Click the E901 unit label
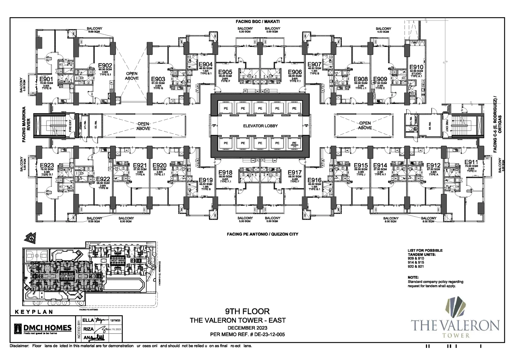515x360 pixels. click(46, 79)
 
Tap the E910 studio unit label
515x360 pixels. click(416, 68)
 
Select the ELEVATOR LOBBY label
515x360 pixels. click(260, 126)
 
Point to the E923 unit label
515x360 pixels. click(47, 166)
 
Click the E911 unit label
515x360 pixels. click(471, 162)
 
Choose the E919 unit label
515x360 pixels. click(206, 181)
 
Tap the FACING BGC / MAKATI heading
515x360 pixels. click(257, 21)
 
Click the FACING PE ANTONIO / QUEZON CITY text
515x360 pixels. click(262, 234)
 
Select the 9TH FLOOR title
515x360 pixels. click(247, 311)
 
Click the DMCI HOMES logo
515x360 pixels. click(43, 328)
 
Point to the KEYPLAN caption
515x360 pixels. click(34, 312)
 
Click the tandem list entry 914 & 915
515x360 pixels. click(416, 262)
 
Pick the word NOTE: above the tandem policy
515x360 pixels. click(413, 277)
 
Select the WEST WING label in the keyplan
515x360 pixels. click(117, 261)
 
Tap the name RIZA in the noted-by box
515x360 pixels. click(88, 329)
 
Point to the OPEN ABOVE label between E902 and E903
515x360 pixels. click(132, 76)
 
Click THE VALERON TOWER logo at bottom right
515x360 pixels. click(455, 322)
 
